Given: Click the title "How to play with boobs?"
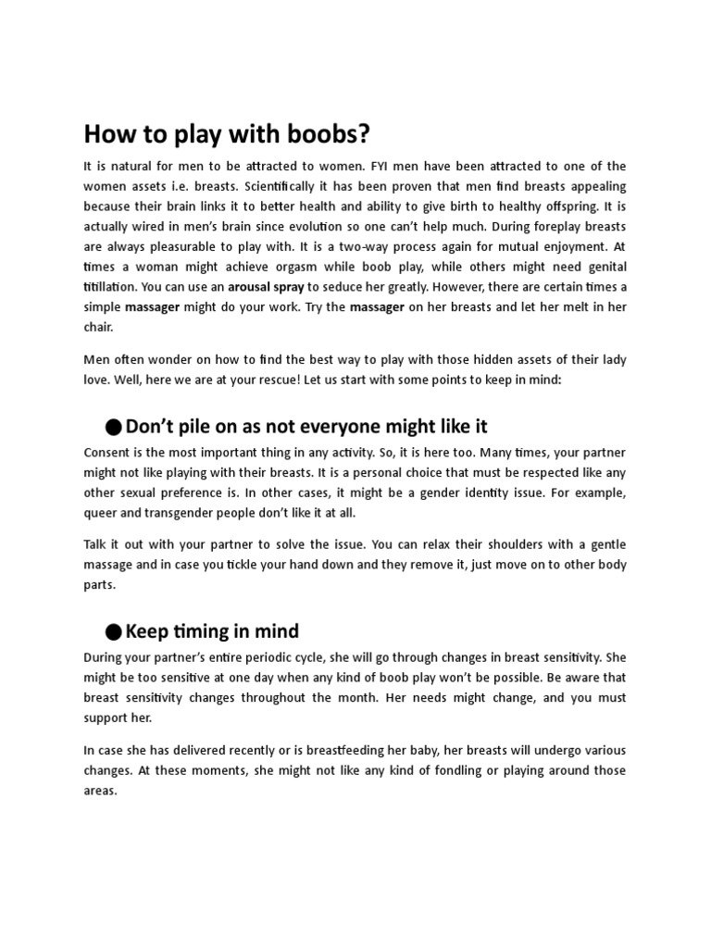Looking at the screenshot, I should (x=227, y=134).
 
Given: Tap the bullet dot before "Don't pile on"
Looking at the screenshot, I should (x=112, y=427).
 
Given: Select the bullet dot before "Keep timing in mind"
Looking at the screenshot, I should (x=112, y=632).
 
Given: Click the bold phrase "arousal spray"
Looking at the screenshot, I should (x=267, y=287).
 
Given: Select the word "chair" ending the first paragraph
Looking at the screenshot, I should (x=99, y=327).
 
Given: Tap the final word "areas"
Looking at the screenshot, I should (x=99, y=791).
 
